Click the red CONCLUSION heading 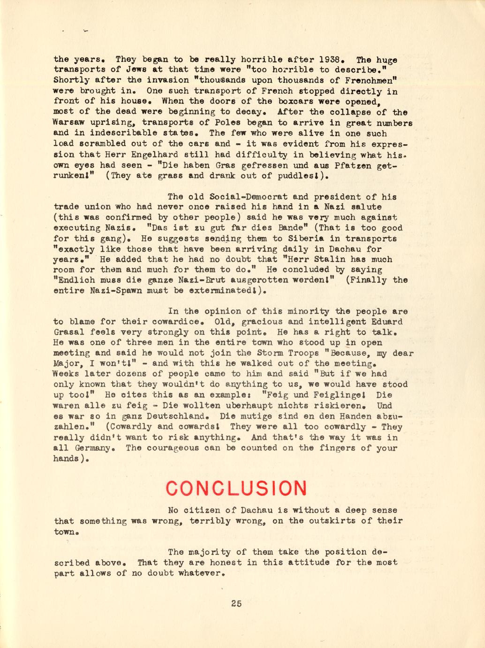click(x=236, y=488)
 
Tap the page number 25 click(x=236, y=603)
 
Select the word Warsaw click(x=69, y=123)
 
